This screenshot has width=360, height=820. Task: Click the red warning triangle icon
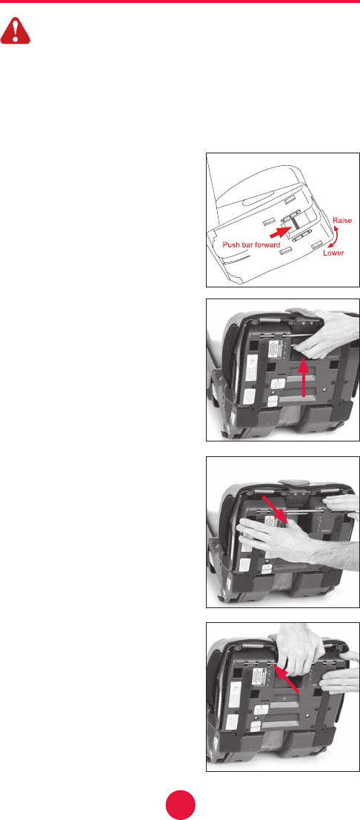(16, 32)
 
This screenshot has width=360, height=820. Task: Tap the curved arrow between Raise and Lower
(333, 236)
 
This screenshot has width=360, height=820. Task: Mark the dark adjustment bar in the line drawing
(293, 222)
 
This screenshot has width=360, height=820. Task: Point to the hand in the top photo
(324, 334)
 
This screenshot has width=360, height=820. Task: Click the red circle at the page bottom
(181, 804)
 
